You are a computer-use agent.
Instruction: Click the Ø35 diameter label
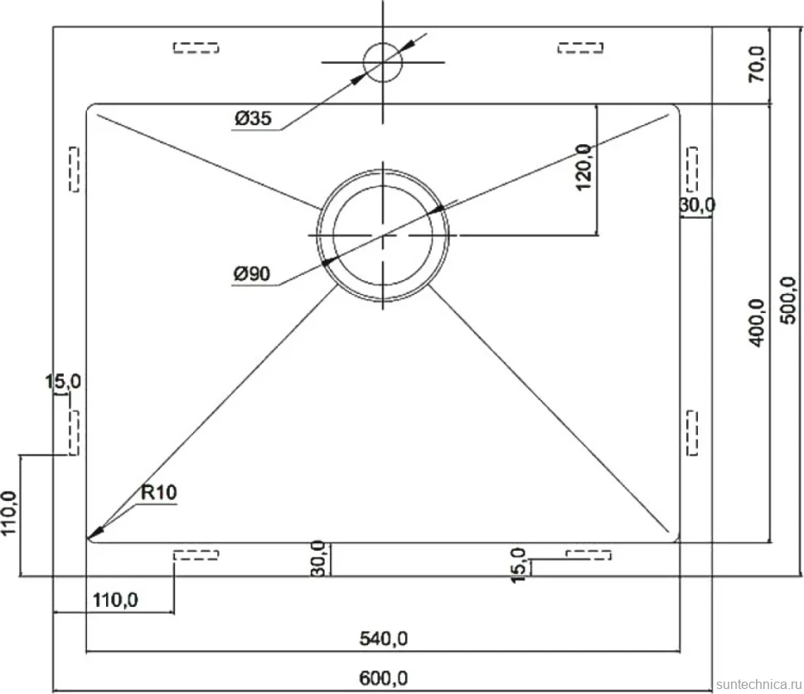(253, 118)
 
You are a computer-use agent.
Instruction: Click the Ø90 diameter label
(251, 274)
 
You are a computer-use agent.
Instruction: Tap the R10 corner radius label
(159, 493)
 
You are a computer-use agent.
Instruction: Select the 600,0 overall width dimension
(384, 678)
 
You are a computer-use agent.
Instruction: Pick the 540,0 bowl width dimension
(384, 639)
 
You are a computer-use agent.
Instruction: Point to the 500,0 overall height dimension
(788, 300)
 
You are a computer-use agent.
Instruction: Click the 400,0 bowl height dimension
(758, 323)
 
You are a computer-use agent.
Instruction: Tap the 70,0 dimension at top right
(757, 64)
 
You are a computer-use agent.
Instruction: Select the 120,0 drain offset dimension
(584, 167)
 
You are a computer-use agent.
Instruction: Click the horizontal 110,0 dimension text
(115, 600)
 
